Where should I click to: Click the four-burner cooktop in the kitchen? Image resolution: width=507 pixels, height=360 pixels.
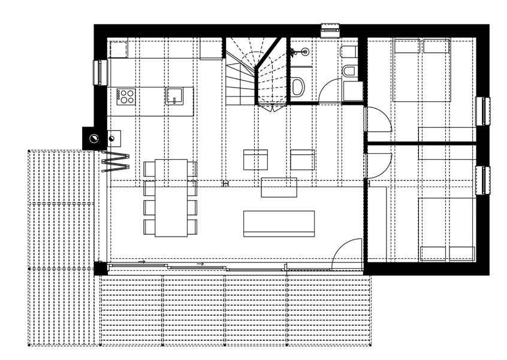coord(126,96)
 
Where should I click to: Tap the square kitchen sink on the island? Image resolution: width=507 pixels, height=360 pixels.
coord(174,95)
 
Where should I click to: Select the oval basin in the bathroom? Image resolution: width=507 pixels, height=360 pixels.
coord(298,86)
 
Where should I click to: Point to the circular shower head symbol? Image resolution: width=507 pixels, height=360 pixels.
coord(304,52)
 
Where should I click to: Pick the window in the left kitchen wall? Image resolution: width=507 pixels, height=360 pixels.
coord(98,72)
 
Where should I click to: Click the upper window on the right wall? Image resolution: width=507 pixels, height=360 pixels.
coord(483,111)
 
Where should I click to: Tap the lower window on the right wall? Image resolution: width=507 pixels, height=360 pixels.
coord(483,181)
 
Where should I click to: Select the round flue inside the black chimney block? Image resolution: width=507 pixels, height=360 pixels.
coord(94,139)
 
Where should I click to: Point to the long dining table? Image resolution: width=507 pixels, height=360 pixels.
coord(171,198)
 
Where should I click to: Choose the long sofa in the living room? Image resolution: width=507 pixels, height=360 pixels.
coord(279,223)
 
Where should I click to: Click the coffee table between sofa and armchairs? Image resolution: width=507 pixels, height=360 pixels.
coord(279,187)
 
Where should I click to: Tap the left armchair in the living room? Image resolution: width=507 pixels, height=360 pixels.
coord(255,159)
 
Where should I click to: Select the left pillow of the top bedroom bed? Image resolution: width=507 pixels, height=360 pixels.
coord(406,46)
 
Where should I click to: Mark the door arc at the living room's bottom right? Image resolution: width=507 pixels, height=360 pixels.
coord(349,250)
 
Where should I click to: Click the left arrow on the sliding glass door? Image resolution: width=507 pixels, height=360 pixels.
coord(141,262)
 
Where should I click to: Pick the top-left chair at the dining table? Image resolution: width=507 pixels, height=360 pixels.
coord(149,169)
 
